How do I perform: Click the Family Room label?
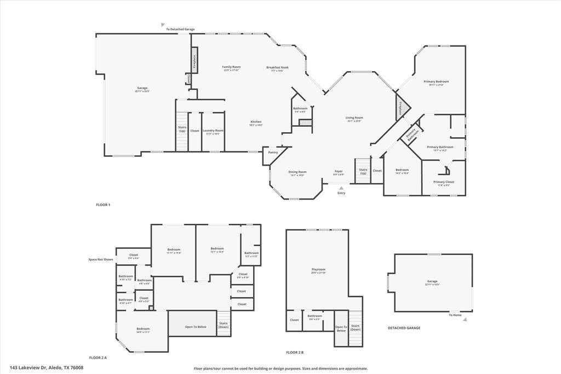point(231,67)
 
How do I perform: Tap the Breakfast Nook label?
point(277,67)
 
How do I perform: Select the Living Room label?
point(354,117)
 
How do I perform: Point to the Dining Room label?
point(297,172)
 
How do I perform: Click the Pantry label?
point(273,152)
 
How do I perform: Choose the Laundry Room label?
point(213,131)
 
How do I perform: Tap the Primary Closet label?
point(443,182)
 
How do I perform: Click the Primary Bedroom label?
point(436,82)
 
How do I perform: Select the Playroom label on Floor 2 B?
point(318,269)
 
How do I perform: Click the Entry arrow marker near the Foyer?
point(341,188)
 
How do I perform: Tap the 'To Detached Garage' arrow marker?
point(163,25)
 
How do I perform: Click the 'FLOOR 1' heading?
point(103,205)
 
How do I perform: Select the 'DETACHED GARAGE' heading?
point(404,328)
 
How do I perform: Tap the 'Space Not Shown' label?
point(101,259)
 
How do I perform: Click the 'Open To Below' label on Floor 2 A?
point(196,327)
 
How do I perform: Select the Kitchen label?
point(256,122)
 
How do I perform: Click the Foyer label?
point(339,171)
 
